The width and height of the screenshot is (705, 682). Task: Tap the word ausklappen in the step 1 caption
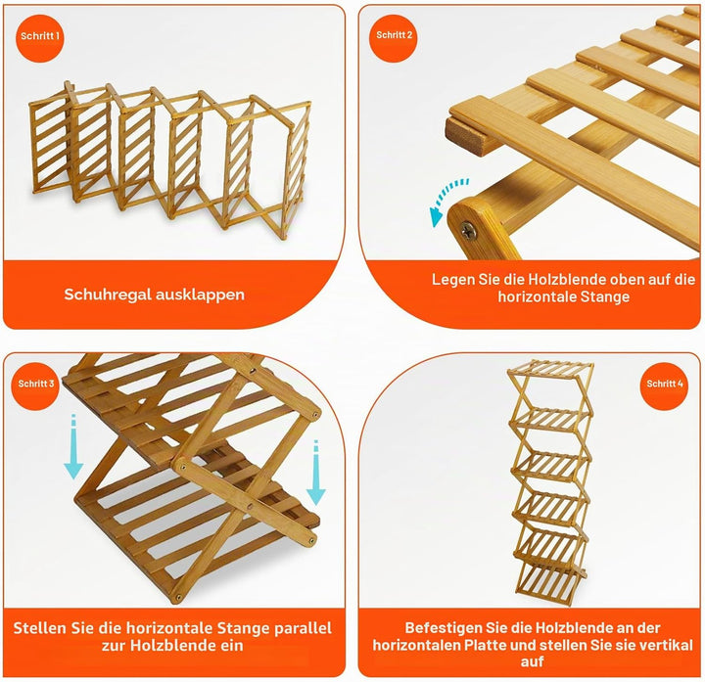200,295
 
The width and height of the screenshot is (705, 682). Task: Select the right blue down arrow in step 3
316,473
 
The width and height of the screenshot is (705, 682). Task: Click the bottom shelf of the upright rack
549,583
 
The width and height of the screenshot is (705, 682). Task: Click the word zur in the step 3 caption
114,646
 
